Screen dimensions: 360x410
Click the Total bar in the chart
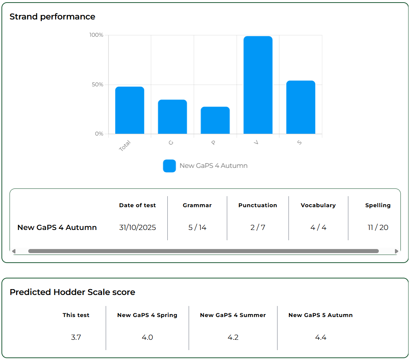tap(130, 110)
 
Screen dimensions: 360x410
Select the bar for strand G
tap(173, 117)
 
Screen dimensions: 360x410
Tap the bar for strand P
tap(215, 120)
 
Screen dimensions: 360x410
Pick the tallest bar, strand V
tap(258, 85)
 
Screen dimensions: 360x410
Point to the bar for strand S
tap(301, 107)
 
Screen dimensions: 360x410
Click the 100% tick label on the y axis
tap(97, 35)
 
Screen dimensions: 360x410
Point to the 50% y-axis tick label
tap(98, 84)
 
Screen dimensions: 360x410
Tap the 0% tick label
tap(99, 134)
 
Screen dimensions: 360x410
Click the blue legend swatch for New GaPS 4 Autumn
tap(169, 166)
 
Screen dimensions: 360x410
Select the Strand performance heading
tap(52, 17)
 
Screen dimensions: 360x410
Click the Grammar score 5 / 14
tap(197, 228)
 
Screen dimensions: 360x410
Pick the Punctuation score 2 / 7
tap(258, 228)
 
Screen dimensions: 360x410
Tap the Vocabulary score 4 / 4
tap(318, 228)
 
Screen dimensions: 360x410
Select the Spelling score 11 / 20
tap(378, 228)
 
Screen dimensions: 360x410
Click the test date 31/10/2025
tap(137, 228)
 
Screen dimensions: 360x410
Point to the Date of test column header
tap(137, 205)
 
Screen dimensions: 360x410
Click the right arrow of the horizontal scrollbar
tap(396, 251)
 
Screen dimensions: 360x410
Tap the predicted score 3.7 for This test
tap(76, 337)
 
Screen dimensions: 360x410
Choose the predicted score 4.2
tap(233, 337)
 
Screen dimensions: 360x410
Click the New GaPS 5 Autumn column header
tap(320, 315)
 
